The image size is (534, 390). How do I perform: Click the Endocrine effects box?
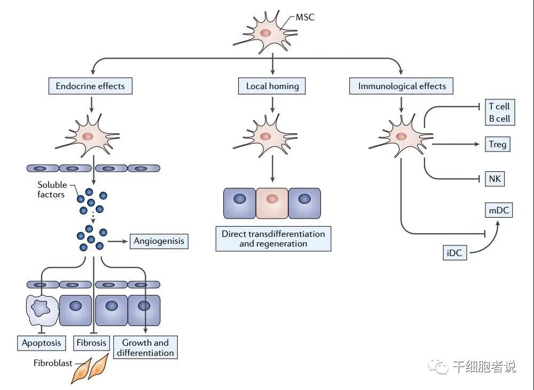tap(90, 85)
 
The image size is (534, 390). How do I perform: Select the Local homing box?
tap(272, 85)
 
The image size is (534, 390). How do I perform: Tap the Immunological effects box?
tap(402, 85)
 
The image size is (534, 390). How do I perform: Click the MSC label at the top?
tap(305, 17)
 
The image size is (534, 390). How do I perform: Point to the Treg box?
tap(497, 144)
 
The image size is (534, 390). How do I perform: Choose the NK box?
tap(494, 179)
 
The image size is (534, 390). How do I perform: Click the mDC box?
tap(499, 210)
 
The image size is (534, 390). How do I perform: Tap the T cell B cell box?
tap(499, 113)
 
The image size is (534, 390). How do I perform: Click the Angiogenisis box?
tap(159, 241)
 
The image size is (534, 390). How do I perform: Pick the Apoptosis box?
tap(41, 343)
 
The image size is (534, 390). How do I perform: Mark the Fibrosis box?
tap(91, 343)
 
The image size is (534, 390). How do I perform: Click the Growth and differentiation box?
tap(145, 347)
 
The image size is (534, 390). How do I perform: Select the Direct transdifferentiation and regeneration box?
tap(273, 238)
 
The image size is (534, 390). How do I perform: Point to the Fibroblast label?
tap(53, 363)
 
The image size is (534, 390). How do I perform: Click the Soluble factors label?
tap(51, 190)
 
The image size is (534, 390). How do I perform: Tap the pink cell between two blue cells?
tap(272, 203)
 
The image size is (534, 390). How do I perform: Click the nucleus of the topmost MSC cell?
tap(265, 33)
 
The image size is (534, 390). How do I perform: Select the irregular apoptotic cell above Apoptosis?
tap(41, 309)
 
